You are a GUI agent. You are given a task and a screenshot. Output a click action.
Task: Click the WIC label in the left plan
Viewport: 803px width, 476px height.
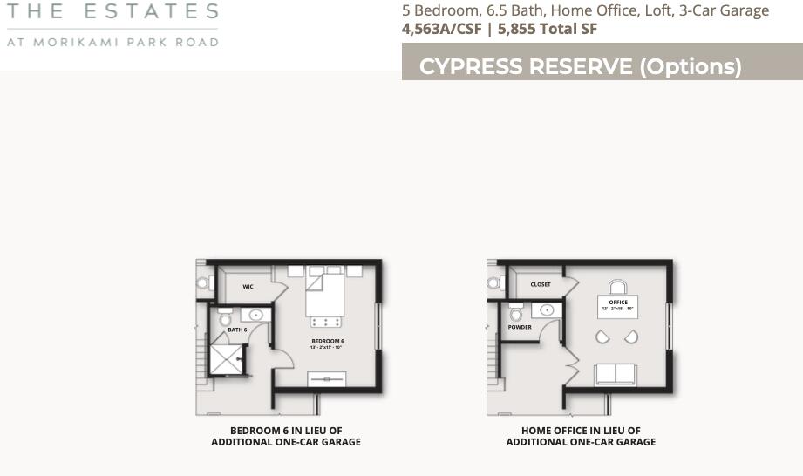(248, 286)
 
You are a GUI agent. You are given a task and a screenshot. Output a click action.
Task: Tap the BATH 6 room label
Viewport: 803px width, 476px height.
(238, 330)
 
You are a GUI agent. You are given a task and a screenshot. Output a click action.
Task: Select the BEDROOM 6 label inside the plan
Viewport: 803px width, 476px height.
(328, 341)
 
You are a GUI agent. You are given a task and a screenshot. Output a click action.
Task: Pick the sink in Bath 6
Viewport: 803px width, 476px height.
(256, 315)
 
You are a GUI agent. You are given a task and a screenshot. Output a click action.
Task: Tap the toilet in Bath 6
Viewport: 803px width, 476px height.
(226, 317)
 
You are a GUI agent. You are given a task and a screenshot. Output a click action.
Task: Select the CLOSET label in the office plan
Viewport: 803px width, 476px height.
(541, 285)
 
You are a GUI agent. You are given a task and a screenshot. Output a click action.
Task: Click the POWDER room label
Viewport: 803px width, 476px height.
(520, 328)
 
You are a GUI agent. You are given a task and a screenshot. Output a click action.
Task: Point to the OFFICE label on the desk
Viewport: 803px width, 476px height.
(618, 303)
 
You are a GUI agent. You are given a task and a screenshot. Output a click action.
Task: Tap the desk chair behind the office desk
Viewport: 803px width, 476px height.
(618, 287)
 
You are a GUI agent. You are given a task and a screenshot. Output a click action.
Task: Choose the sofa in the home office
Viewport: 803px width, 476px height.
(616, 373)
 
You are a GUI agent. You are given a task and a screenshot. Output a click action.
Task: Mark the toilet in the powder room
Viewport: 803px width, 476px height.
(516, 313)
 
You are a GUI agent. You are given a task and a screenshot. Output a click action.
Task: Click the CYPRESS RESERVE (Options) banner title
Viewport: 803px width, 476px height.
(580, 67)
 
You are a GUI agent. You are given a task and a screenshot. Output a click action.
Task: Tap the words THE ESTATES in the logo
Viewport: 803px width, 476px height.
(112, 12)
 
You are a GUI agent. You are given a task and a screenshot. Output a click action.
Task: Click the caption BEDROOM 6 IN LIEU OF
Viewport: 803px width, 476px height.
(286, 431)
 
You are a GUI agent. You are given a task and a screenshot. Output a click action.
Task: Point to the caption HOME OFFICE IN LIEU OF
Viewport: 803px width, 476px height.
(581, 431)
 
